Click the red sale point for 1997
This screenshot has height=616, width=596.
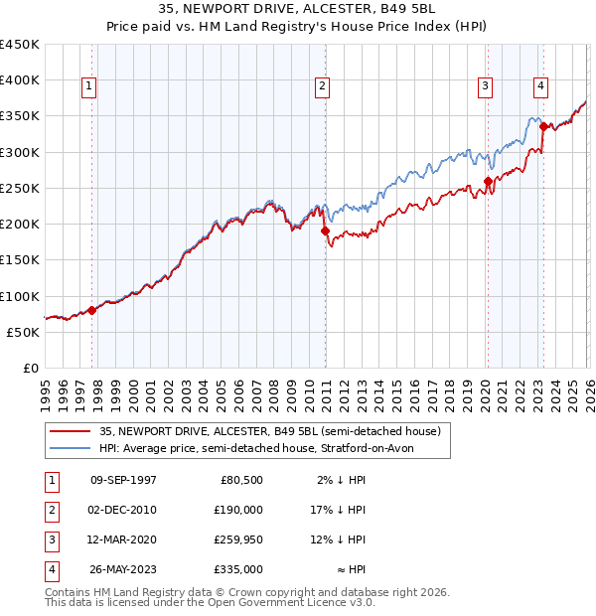(91, 310)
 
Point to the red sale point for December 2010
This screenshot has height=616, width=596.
(325, 231)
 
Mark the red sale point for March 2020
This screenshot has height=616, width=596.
(488, 181)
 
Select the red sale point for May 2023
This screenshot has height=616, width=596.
(543, 126)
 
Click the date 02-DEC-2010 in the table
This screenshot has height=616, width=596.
(123, 510)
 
